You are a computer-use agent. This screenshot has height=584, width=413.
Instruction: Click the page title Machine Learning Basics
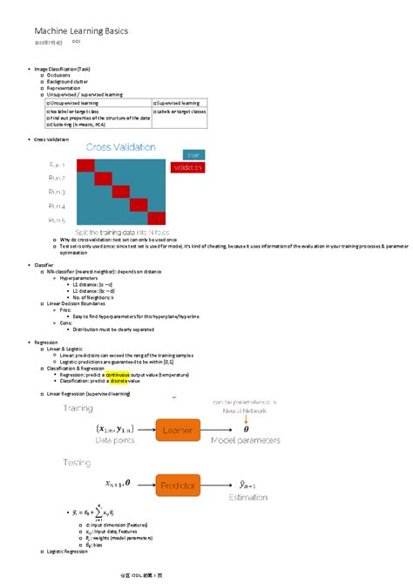pos(81,31)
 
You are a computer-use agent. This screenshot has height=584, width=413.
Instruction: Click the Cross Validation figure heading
pos(120,147)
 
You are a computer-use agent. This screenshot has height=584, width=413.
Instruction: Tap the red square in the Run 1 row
pos(90,165)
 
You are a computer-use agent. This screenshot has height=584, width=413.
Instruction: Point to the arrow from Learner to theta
pos(222,428)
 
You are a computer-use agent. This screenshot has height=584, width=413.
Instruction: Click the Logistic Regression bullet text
pos(68,552)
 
